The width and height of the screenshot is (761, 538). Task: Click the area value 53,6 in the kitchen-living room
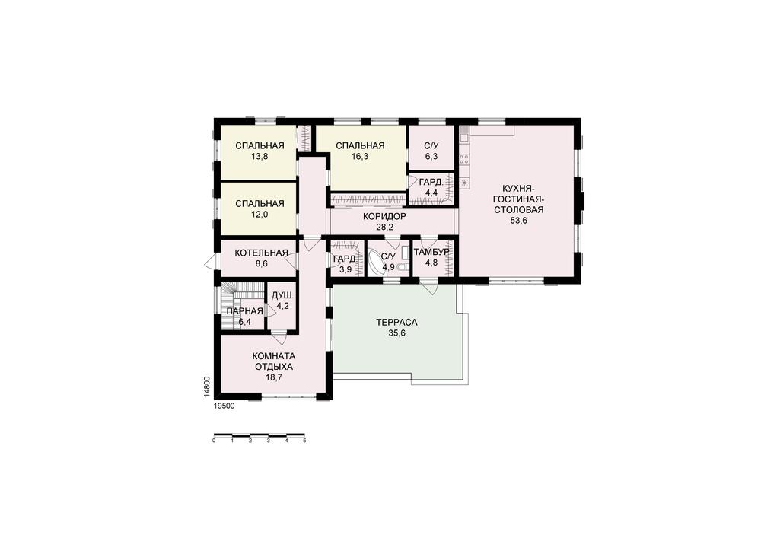[x=518, y=220]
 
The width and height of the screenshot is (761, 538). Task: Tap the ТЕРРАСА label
[x=396, y=322]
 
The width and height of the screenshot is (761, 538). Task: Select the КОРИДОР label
[x=384, y=216]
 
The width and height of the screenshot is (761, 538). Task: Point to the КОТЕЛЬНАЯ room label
[x=261, y=253]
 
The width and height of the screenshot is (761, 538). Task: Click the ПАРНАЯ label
[x=244, y=311]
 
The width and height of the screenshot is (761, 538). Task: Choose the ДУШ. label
[x=282, y=295]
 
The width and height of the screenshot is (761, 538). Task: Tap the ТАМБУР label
[x=431, y=253]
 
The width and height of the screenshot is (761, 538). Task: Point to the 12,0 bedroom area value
[x=260, y=215]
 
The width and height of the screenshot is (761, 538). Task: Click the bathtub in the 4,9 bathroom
[x=375, y=263]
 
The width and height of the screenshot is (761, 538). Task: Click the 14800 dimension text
[x=206, y=387]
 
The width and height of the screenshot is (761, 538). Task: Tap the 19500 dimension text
[x=224, y=406]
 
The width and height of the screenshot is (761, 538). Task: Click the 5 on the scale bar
[x=305, y=441]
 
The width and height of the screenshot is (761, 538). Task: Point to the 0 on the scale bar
[x=214, y=441]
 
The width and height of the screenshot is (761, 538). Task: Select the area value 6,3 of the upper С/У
[x=431, y=156]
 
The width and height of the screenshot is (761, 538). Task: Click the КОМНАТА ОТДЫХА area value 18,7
[x=274, y=377]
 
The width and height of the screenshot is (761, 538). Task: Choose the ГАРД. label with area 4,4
[x=431, y=183]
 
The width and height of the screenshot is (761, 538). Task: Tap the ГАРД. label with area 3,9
[x=345, y=259]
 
